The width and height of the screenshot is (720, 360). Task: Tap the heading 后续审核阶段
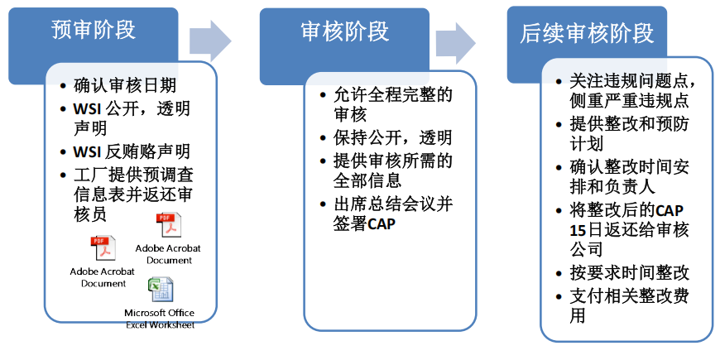tap(587, 33)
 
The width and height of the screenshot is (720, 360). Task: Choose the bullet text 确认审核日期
tap(124, 85)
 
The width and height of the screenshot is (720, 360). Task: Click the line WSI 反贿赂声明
tap(131, 151)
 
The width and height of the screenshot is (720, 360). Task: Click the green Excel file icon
tap(160, 290)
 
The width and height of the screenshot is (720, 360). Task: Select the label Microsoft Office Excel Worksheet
tap(160, 318)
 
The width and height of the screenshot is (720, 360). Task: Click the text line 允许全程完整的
tap(391, 94)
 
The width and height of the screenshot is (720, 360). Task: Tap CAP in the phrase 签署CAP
tap(382, 224)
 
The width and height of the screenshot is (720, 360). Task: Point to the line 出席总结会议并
tap(391, 203)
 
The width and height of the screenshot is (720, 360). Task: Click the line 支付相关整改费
tap(629, 295)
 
